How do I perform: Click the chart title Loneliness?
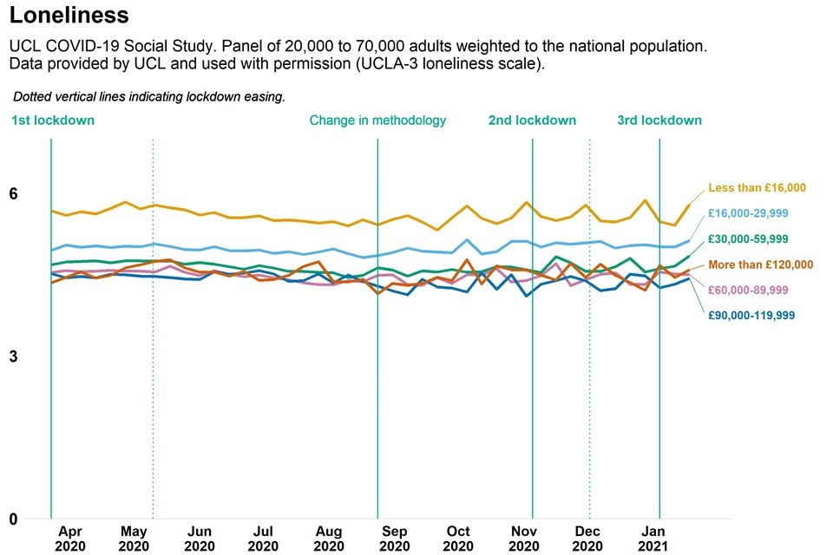69,16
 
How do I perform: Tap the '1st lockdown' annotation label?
53,121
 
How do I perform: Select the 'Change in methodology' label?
377,121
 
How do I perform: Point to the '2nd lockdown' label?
532,121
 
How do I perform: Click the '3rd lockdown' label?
659,121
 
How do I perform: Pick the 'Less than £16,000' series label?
758,187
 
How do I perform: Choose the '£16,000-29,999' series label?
748,213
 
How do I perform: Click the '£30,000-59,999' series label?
748,238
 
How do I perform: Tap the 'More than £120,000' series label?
760,264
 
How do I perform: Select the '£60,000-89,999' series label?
748,290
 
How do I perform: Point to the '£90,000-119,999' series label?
751,316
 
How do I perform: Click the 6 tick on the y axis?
14,194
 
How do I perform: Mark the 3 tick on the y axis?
14,357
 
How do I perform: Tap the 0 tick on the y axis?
14,519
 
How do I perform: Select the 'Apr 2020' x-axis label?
69,539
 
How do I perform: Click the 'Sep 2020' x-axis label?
395,539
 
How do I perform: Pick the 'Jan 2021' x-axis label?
653,539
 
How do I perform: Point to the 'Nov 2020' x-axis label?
523,539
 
